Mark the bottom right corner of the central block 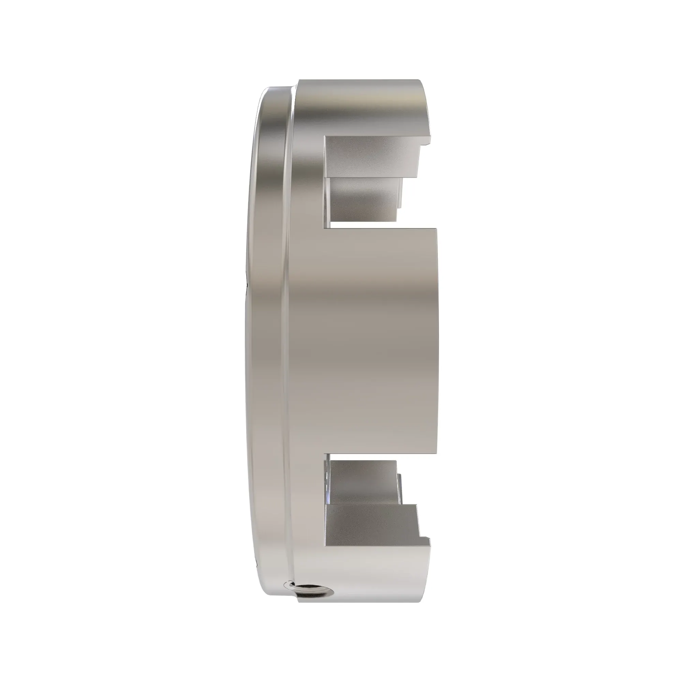(x=436, y=452)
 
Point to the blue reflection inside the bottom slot (x=328, y=508)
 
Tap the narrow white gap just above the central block (x=364, y=224)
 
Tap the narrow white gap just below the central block (x=364, y=457)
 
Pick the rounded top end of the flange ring (x=275, y=90)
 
